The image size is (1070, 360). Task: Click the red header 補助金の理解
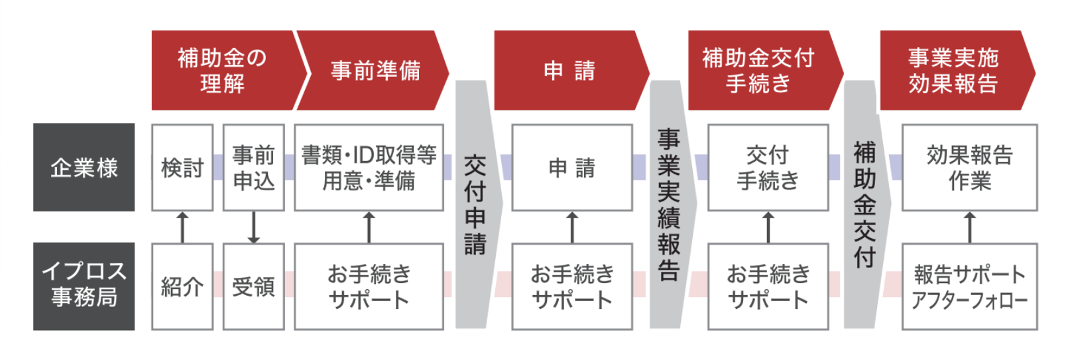click(x=222, y=70)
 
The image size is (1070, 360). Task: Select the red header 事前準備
click(x=375, y=70)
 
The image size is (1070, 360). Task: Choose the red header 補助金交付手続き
click(x=759, y=70)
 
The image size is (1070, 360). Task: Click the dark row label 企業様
click(x=84, y=167)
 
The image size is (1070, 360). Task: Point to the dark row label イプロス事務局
click(x=84, y=286)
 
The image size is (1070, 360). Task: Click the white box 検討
click(x=182, y=168)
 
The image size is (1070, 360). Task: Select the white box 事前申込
click(x=254, y=168)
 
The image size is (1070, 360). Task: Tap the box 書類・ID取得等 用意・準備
click(x=369, y=168)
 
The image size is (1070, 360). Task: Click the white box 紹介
click(x=182, y=286)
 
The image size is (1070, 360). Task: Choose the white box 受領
click(x=254, y=286)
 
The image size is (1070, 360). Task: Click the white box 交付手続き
click(x=768, y=168)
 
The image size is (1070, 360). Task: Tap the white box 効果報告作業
click(x=969, y=168)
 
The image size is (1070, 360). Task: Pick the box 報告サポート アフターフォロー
click(x=969, y=286)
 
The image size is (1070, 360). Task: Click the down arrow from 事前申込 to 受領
click(x=253, y=227)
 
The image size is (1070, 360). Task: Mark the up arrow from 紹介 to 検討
click(x=183, y=227)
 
